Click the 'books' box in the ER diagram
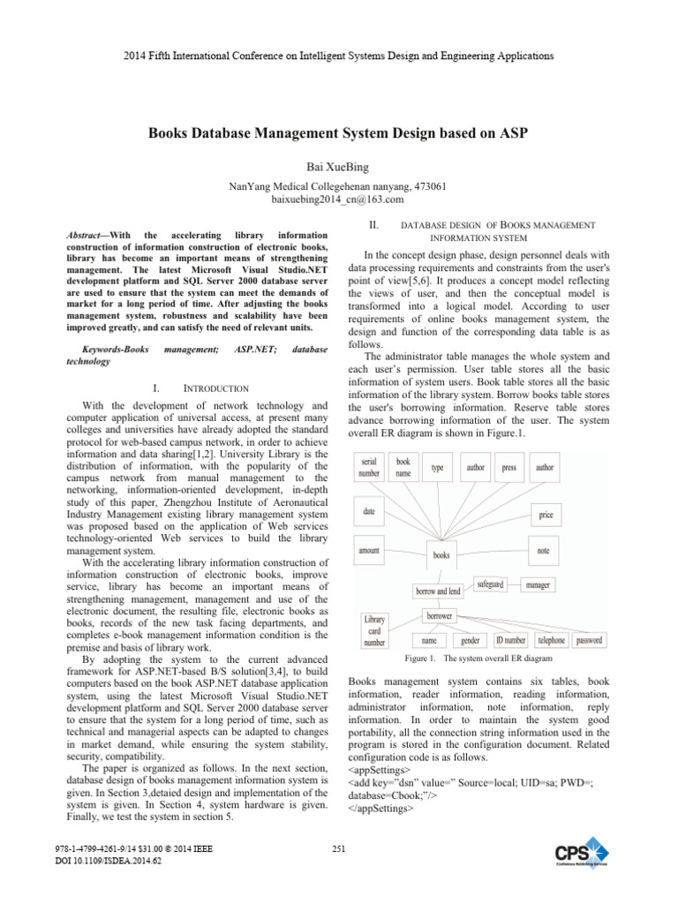441,554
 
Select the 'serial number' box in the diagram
370,467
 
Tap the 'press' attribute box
508,468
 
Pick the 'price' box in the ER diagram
546,514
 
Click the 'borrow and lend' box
438,591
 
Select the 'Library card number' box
374,630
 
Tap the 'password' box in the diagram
589,640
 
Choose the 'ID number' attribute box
510,640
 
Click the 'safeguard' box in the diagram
490,584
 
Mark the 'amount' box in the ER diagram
369,550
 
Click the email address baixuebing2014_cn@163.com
339,200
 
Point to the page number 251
338,849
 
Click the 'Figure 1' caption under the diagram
478,659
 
